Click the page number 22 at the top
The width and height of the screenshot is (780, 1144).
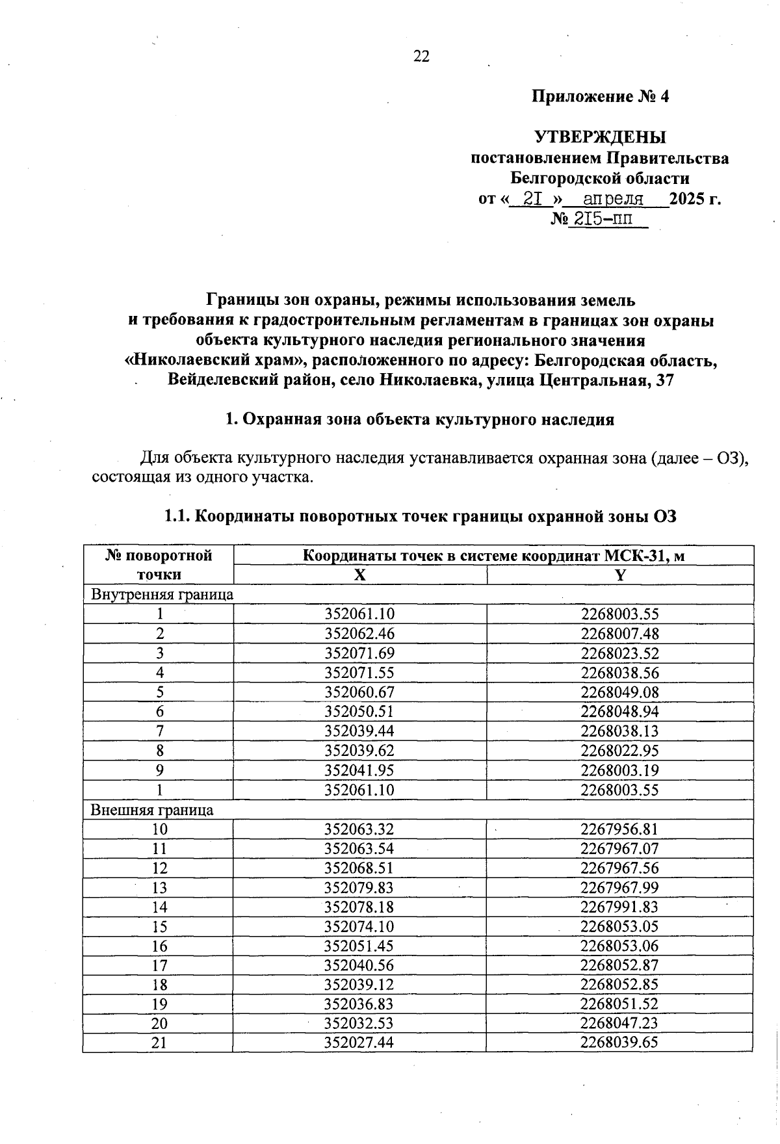421,57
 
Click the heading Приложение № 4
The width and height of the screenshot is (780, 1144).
600,97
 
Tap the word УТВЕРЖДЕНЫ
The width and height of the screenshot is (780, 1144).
600,137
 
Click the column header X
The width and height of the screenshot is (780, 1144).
359,575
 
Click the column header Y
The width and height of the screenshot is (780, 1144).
619,575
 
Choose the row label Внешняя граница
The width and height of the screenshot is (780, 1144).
151,810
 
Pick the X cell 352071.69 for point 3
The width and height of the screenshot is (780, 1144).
359,653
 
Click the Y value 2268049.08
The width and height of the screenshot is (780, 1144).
619,692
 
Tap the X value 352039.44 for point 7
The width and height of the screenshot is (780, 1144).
359,731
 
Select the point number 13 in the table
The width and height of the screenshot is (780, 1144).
159,888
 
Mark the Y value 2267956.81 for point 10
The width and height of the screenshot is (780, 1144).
619,829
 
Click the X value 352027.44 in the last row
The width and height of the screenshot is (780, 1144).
359,1043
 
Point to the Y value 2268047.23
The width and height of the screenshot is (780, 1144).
619,1023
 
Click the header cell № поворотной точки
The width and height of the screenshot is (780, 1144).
159,565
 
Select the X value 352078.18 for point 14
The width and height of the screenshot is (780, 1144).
359,907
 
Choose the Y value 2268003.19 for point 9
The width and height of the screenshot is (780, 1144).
619,770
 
